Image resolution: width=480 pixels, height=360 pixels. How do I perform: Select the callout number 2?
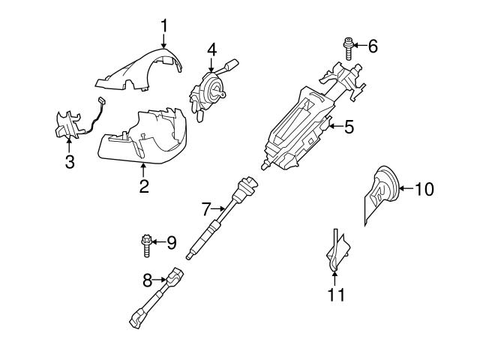click(143, 185)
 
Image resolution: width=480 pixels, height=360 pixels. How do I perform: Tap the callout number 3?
click(69, 162)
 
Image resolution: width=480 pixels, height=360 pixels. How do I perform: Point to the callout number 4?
click(212, 49)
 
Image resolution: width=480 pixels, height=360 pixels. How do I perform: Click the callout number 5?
click(348, 127)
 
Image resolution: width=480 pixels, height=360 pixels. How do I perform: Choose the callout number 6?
click(373, 46)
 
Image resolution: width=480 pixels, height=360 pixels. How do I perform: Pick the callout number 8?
click(147, 280)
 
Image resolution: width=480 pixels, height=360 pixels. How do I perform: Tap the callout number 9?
click(171, 242)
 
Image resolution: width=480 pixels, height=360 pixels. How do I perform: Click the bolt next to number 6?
click(349, 47)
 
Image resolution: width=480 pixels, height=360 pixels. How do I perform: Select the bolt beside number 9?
click(147, 244)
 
